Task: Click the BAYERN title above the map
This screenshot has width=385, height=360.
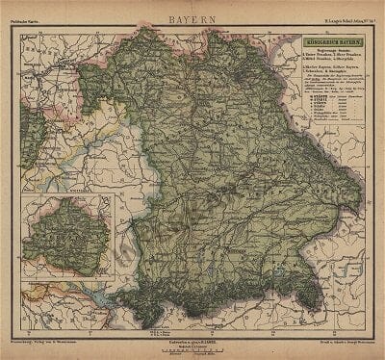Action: (x=192, y=18)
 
